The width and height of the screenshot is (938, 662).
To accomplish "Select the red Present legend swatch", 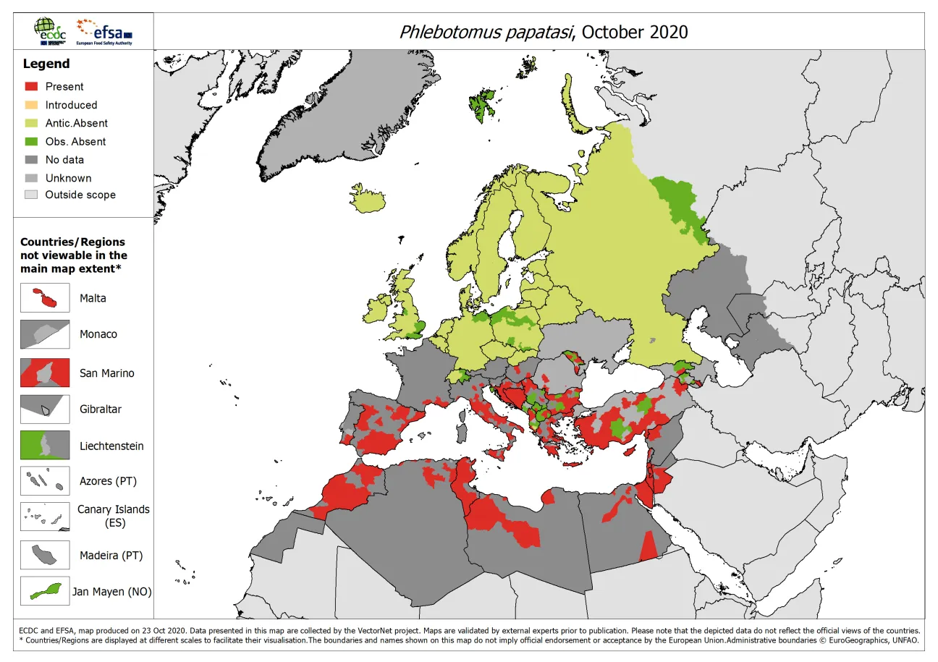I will click(30, 87).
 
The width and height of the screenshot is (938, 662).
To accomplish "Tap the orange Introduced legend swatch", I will click(30, 105).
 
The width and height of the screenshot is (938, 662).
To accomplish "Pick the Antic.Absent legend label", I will click(76, 123).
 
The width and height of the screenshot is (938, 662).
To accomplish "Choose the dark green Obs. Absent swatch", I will click(30, 142).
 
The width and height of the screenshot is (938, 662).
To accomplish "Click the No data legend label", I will click(64, 160).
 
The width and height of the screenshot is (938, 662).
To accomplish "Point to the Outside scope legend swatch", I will click(30, 195).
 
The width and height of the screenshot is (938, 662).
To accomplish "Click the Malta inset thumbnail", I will click(45, 298).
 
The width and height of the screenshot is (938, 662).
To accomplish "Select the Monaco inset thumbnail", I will click(45, 334).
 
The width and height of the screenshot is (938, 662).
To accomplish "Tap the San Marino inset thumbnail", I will click(45, 373).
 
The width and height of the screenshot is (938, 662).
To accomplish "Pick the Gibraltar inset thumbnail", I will click(45, 409).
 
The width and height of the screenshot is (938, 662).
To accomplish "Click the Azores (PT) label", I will click(108, 481).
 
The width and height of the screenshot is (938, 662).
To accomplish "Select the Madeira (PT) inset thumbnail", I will click(45, 556).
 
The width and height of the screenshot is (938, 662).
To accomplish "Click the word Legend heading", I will click(46, 64).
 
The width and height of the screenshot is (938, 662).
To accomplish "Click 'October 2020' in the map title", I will click(634, 32).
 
